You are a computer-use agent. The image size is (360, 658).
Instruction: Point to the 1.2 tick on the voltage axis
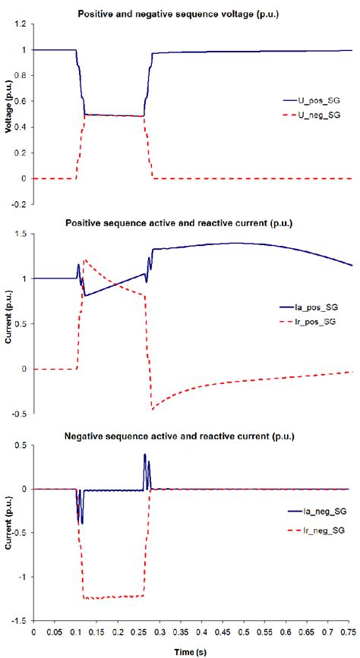point(20,24)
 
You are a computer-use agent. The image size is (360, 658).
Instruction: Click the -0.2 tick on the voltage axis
point(18,204)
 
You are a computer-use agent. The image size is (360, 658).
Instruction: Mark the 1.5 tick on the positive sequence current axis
point(20,235)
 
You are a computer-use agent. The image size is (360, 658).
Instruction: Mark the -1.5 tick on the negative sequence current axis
point(18,620)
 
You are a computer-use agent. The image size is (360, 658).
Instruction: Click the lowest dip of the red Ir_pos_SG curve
point(152,410)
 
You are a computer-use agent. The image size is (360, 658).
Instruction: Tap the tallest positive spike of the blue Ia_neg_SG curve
point(145,455)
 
